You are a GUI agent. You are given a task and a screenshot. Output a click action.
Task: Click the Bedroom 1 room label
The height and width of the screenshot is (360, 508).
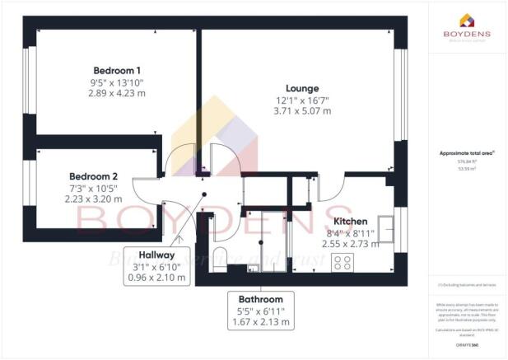(114, 69)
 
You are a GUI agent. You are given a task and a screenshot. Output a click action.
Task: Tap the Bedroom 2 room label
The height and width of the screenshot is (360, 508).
(93, 176)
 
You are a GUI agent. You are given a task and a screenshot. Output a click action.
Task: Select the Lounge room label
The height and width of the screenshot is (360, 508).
(302, 88)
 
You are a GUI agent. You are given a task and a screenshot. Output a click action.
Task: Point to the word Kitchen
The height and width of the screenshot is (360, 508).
(352, 222)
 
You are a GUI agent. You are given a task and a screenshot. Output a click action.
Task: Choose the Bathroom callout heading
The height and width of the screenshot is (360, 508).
(261, 299)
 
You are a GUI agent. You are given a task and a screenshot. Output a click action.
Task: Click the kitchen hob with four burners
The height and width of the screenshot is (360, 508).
(343, 264)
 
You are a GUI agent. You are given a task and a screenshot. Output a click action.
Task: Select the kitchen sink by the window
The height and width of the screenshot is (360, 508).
(384, 223)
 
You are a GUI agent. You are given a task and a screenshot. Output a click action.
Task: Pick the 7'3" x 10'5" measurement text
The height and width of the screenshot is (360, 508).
(93, 188)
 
